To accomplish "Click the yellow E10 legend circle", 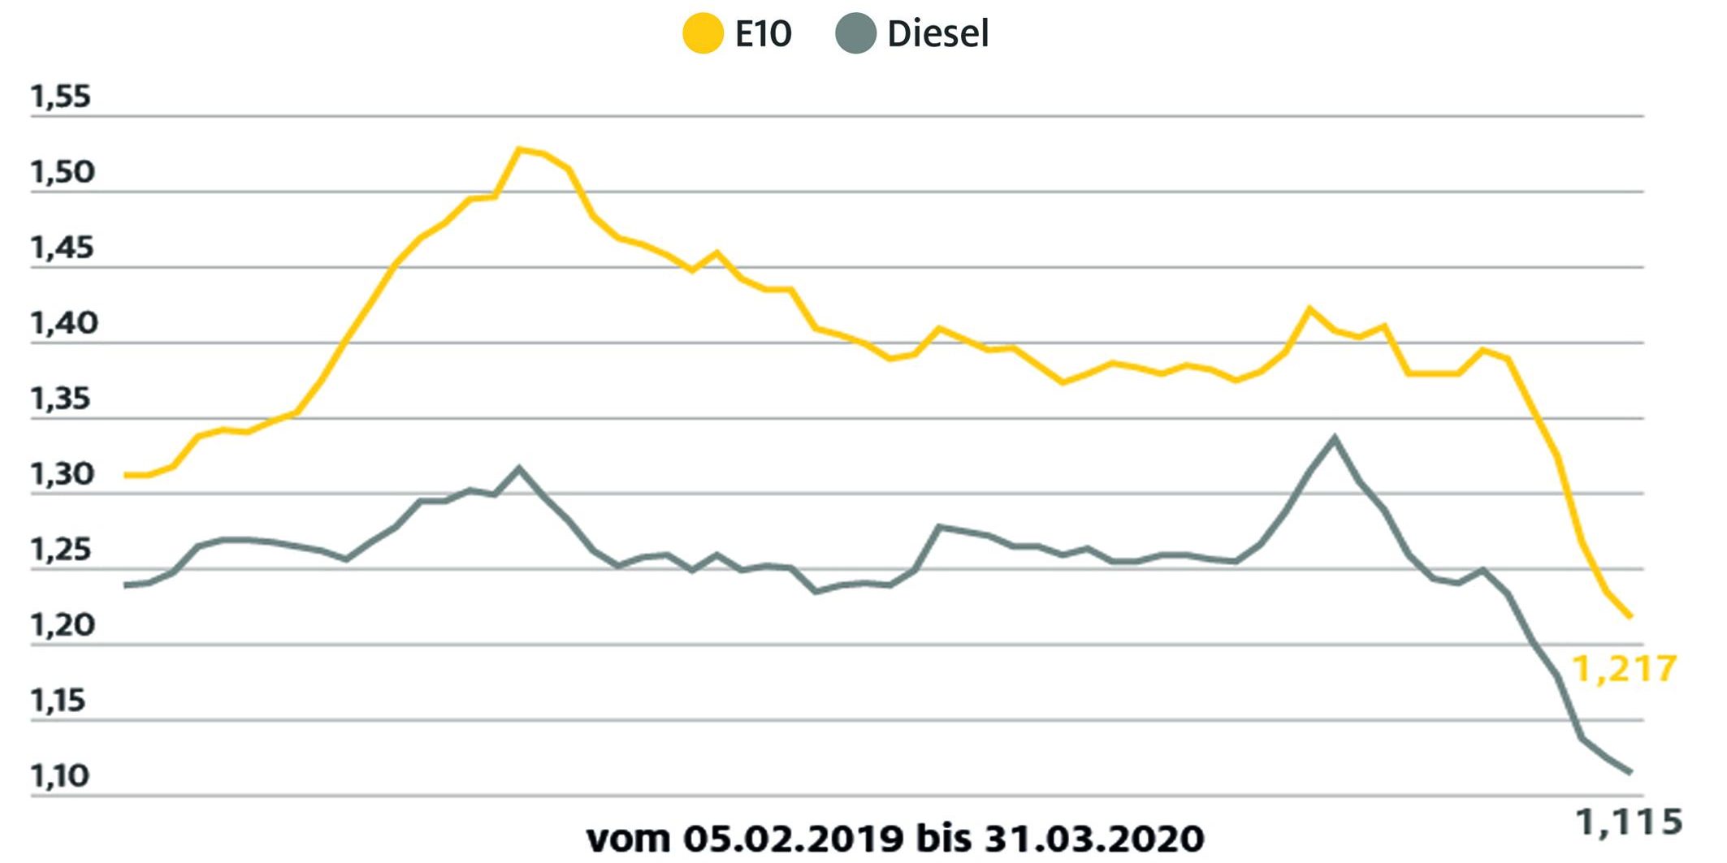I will (703, 34).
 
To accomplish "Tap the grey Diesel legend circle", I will (855, 34).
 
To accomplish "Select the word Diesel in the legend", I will (937, 34).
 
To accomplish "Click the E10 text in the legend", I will (763, 34).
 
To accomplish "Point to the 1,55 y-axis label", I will (61, 97).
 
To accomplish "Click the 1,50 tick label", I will (63, 172).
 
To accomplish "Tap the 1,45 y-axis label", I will (63, 248).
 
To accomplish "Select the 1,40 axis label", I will (63, 323).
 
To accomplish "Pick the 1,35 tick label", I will (61, 399).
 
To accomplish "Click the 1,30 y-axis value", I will (63, 474).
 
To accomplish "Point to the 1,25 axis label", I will (61, 550).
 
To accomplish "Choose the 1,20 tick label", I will (63, 625).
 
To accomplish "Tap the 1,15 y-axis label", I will (58, 701).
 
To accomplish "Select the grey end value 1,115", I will (1629, 822).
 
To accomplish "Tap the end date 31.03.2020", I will (1094, 838).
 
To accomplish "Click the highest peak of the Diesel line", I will (1334, 438).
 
